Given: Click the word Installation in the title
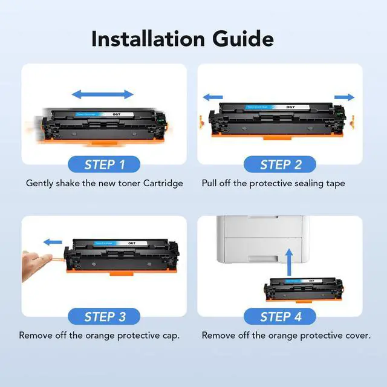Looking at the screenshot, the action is click(x=148, y=39).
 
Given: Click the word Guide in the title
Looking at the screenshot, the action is click(x=243, y=39).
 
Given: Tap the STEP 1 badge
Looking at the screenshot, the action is click(x=104, y=164).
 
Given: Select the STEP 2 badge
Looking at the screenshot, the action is click(x=280, y=164).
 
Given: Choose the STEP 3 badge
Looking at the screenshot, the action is click(x=104, y=316).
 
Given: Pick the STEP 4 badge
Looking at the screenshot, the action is click(x=280, y=316).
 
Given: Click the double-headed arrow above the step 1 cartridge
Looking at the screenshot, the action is click(x=103, y=94).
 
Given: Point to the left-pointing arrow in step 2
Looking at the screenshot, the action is click(x=213, y=97).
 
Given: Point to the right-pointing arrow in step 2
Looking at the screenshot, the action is click(x=344, y=97).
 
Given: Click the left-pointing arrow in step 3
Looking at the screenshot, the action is click(x=53, y=242).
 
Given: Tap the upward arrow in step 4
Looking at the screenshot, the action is click(x=289, y=262).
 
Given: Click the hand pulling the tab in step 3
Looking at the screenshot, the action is click(x=37, y=265).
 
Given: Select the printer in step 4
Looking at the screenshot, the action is click(x=263, y=239).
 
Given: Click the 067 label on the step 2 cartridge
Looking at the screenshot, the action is click(x=290, y=107).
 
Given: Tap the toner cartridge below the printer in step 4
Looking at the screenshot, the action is click(x=304, y=290).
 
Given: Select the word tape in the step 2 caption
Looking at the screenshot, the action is click(x=335, y=184).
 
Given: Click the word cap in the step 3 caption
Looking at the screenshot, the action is click(x=171, y=336).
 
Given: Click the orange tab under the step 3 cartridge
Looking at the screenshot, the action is click(x=122, y=274).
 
